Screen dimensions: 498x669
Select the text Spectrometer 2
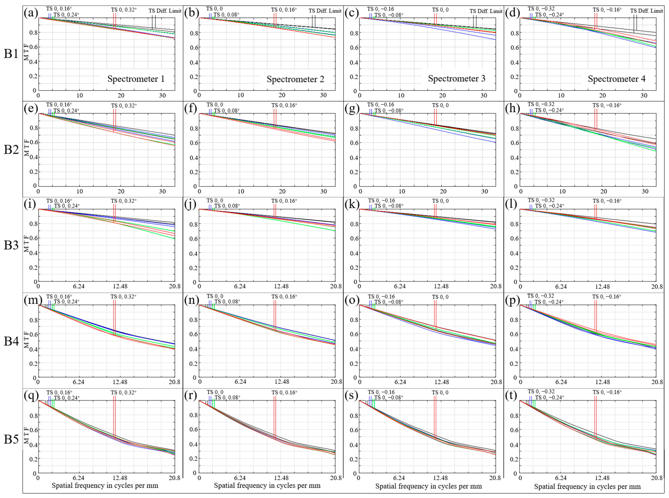(x=295, y=79)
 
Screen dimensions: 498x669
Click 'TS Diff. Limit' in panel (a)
(x=165, y=11)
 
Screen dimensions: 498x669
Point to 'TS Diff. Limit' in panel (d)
(x=647, y=11)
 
